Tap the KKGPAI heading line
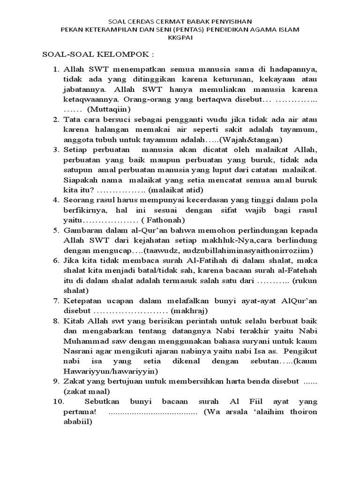coord(180,38)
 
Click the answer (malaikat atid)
coord(176,190)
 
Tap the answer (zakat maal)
coord(87,391)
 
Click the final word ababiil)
coord(79,421)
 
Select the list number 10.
coord(58,402)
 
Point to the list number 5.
coord(55,230)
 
